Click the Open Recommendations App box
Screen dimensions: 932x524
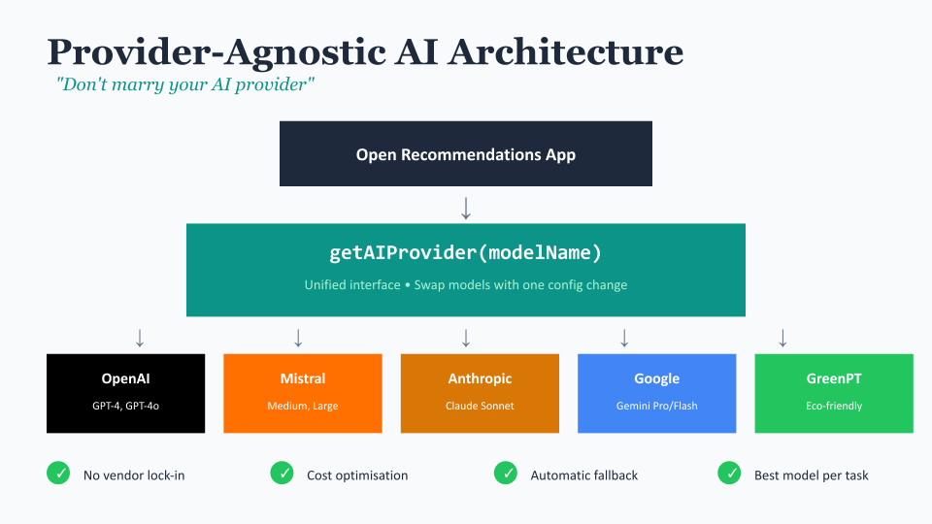(466, 154)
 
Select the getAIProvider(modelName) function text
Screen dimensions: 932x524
(465, 252)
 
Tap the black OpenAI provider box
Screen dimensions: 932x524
(126, 393)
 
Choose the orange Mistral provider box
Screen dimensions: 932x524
(303, 393)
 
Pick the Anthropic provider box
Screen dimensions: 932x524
(480, 393)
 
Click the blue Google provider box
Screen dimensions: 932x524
(657, 393)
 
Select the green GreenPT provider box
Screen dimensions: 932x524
(834, 393)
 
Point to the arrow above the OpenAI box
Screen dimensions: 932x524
(140, 338)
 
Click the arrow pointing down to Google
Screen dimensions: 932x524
(624, 338)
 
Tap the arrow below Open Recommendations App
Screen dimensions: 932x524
(466, 209)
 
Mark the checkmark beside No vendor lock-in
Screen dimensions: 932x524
(58, 473)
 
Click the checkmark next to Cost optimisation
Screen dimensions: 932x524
(282, 473)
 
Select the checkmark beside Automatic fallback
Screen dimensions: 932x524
(506, 473)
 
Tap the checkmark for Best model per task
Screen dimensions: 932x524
(729, 473)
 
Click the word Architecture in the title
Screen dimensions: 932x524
(565, 51)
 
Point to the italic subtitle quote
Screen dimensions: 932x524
(184, 84)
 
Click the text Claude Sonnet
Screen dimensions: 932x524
(480, 406)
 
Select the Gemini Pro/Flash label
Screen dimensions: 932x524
(657, 406)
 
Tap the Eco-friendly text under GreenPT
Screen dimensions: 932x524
(834, 406)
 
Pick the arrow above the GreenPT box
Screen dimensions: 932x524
(782, 338)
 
